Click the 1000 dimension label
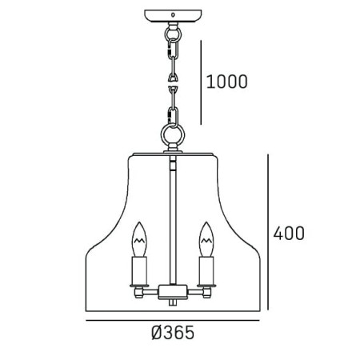click(227, 82)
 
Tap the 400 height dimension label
click(289, 233)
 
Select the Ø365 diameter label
click(173, 333)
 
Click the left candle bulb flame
click(139, 239)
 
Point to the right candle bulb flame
click(206, 239)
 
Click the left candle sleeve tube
click(139, 270)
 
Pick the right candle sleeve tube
click(206, 270)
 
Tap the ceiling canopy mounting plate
click(173, 16)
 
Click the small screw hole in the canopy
click(173, 14)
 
